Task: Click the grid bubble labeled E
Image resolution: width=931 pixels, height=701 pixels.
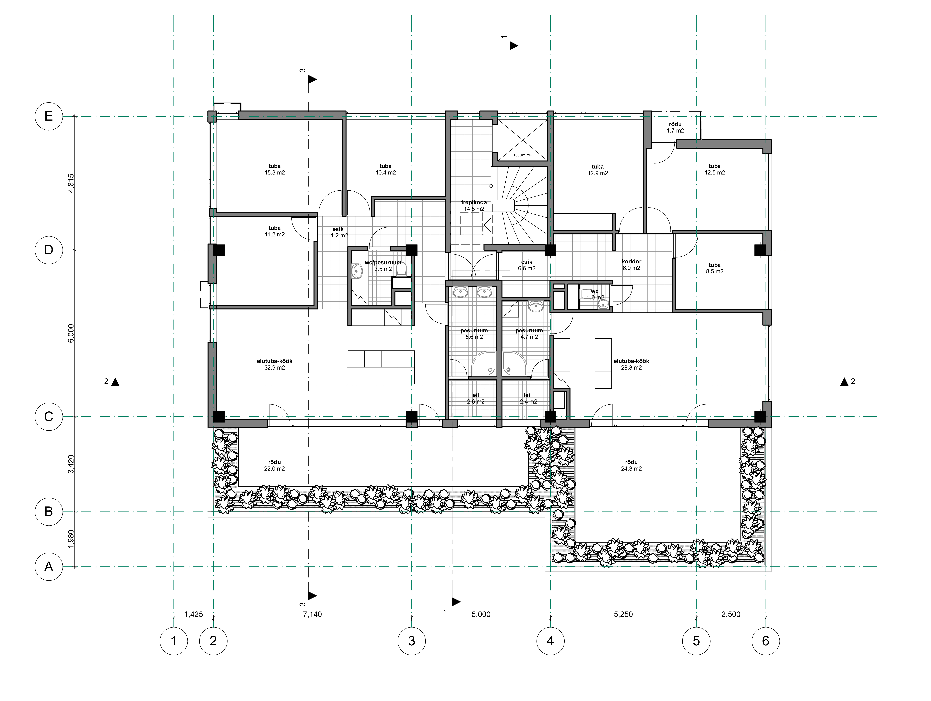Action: click(49, 116)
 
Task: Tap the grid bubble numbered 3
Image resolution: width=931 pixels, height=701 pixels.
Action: click(412, 641)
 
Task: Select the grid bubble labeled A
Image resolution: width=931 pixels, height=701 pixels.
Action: click(49, 567)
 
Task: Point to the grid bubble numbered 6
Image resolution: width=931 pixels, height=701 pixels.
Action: click(766, 641)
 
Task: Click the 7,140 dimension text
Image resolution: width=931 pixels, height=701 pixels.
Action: click(312, 614)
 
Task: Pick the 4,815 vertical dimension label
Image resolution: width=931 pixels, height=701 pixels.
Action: click(71, 183)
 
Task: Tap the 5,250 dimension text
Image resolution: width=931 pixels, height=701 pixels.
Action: click(623, 614)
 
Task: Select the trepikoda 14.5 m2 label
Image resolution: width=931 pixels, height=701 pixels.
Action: click(474, 206)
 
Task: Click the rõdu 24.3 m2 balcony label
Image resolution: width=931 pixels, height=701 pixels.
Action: click(631, 465)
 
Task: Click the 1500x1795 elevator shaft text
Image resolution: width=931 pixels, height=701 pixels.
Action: click(523, 155)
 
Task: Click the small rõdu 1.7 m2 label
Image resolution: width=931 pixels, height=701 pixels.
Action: click(676, 127)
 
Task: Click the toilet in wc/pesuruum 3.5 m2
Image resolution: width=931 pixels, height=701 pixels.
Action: click(401, 269)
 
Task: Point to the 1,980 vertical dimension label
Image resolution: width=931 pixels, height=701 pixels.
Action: click(71, 539)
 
